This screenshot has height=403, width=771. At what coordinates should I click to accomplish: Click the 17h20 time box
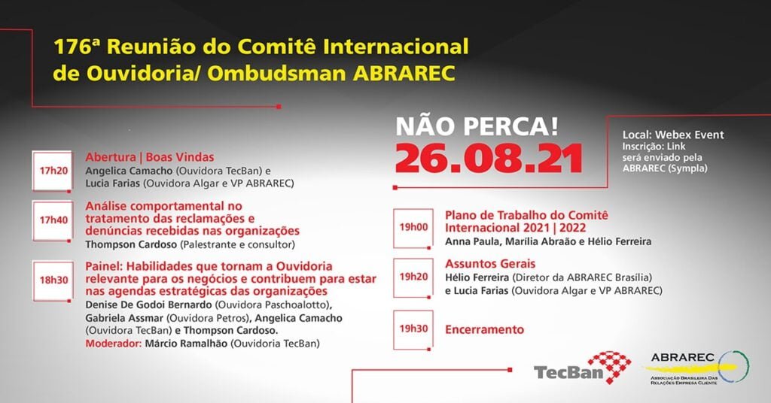[x=53, y=171]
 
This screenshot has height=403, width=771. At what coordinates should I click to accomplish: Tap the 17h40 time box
[x=53, y=220]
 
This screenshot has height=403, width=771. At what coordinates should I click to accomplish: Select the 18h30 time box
[x=53, y=280]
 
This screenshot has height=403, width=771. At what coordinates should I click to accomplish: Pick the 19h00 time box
[x=413, y=228]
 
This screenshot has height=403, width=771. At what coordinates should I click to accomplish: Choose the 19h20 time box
[x=413, y=277]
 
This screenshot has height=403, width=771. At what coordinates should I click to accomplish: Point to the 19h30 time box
[x=413, y=329]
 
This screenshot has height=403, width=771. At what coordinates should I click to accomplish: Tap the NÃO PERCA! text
[x=477, y=126]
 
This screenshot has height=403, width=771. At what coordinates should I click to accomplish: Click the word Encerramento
[x=484, y=329]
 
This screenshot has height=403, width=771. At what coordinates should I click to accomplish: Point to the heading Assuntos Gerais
[x=490, y=264]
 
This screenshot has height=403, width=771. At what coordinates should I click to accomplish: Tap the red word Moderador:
[x=114, y=344]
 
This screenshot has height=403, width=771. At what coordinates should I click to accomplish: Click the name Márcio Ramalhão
[x=186, y=344]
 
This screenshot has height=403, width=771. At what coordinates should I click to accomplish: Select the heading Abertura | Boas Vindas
[x=150, y=157]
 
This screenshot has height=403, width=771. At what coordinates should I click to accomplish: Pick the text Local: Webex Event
[x=673, y=135]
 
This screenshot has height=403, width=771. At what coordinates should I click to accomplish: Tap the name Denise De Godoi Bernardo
[x=148, y=305]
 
